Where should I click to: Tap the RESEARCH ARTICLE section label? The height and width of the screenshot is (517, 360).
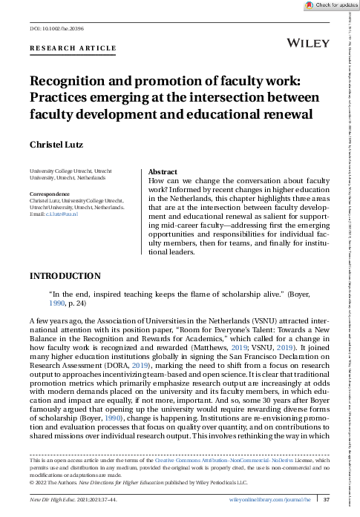[73, 49]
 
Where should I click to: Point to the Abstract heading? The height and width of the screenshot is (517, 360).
[163, 171]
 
